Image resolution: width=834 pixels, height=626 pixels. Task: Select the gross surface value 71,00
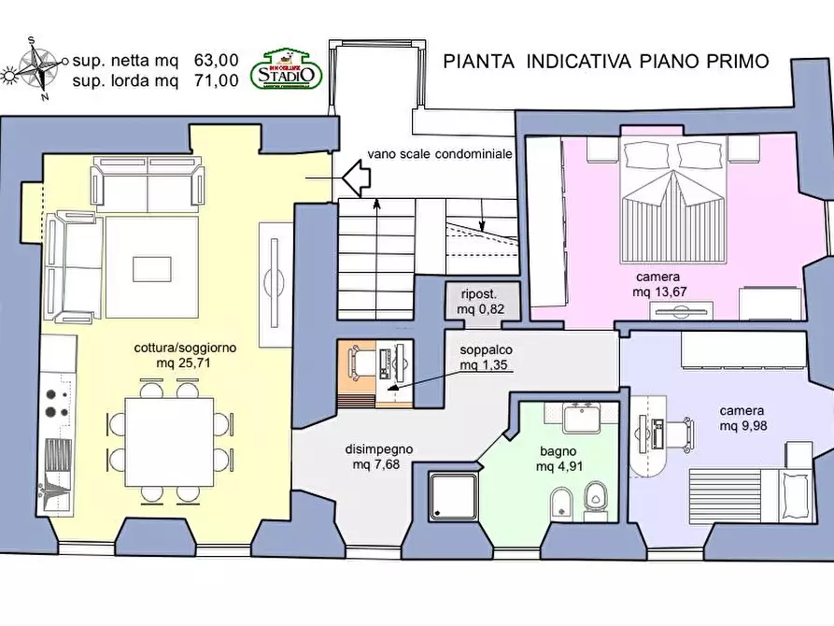click(x=216, y=80)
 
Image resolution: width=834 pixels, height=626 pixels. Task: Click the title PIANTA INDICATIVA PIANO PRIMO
click(x=606, y=62)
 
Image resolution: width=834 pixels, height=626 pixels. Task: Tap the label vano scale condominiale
click(x=440, y=155)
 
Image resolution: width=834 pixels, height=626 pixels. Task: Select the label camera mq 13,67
click(x=657, y=285)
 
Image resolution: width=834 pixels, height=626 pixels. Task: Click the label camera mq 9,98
click(x=742, y=419)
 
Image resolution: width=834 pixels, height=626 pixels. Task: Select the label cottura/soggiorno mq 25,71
click(x=185, y=355)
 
